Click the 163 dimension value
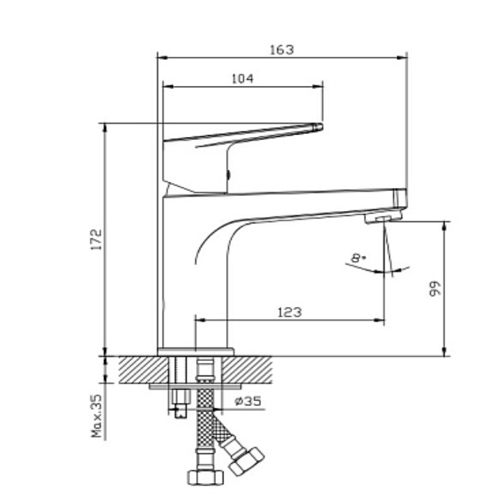coord(281,50)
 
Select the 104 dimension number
coord(242,78)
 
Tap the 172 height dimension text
coord(95,240)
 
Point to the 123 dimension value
coord(289,312)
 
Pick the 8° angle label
coord(357,257)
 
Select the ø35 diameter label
coord(248,402)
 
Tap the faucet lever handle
coord(243,134)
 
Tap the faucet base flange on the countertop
coord(195,352)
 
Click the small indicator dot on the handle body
coord(228,175)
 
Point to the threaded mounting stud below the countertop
coord(181,398)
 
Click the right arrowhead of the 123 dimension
coord(380,320)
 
